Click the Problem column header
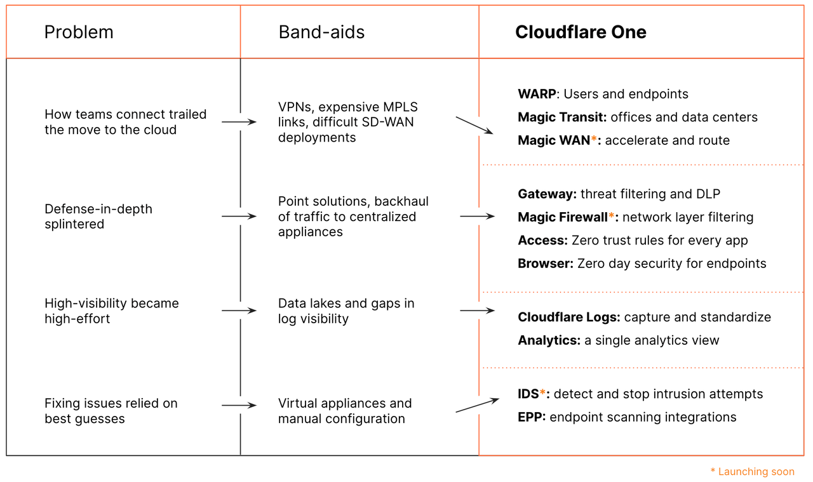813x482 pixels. [x=79, y=32]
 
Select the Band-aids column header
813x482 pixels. [x=321, y=32]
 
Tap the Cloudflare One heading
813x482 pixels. [x=581, y=32]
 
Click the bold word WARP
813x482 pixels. [x=537, y=94]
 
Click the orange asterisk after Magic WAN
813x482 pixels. [x=594, y=140]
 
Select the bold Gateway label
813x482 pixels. [x=547, y=194]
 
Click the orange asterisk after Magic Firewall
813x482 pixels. [x=612, y=217]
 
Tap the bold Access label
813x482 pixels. [x=542, y=240]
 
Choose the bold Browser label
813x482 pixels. [x=546, y=263]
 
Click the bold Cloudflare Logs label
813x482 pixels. [x=569, y=317]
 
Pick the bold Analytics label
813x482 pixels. [x=549, y=340]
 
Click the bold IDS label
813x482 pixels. [x=528, y=394]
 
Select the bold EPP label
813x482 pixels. [x=532, y=417]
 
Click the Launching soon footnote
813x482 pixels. [x=752, y=472]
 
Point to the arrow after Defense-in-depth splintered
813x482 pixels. [x=239, y=217]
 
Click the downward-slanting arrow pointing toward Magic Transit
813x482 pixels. [x=474, y=124]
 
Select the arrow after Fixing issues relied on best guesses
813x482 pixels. [x=239, y=405]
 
